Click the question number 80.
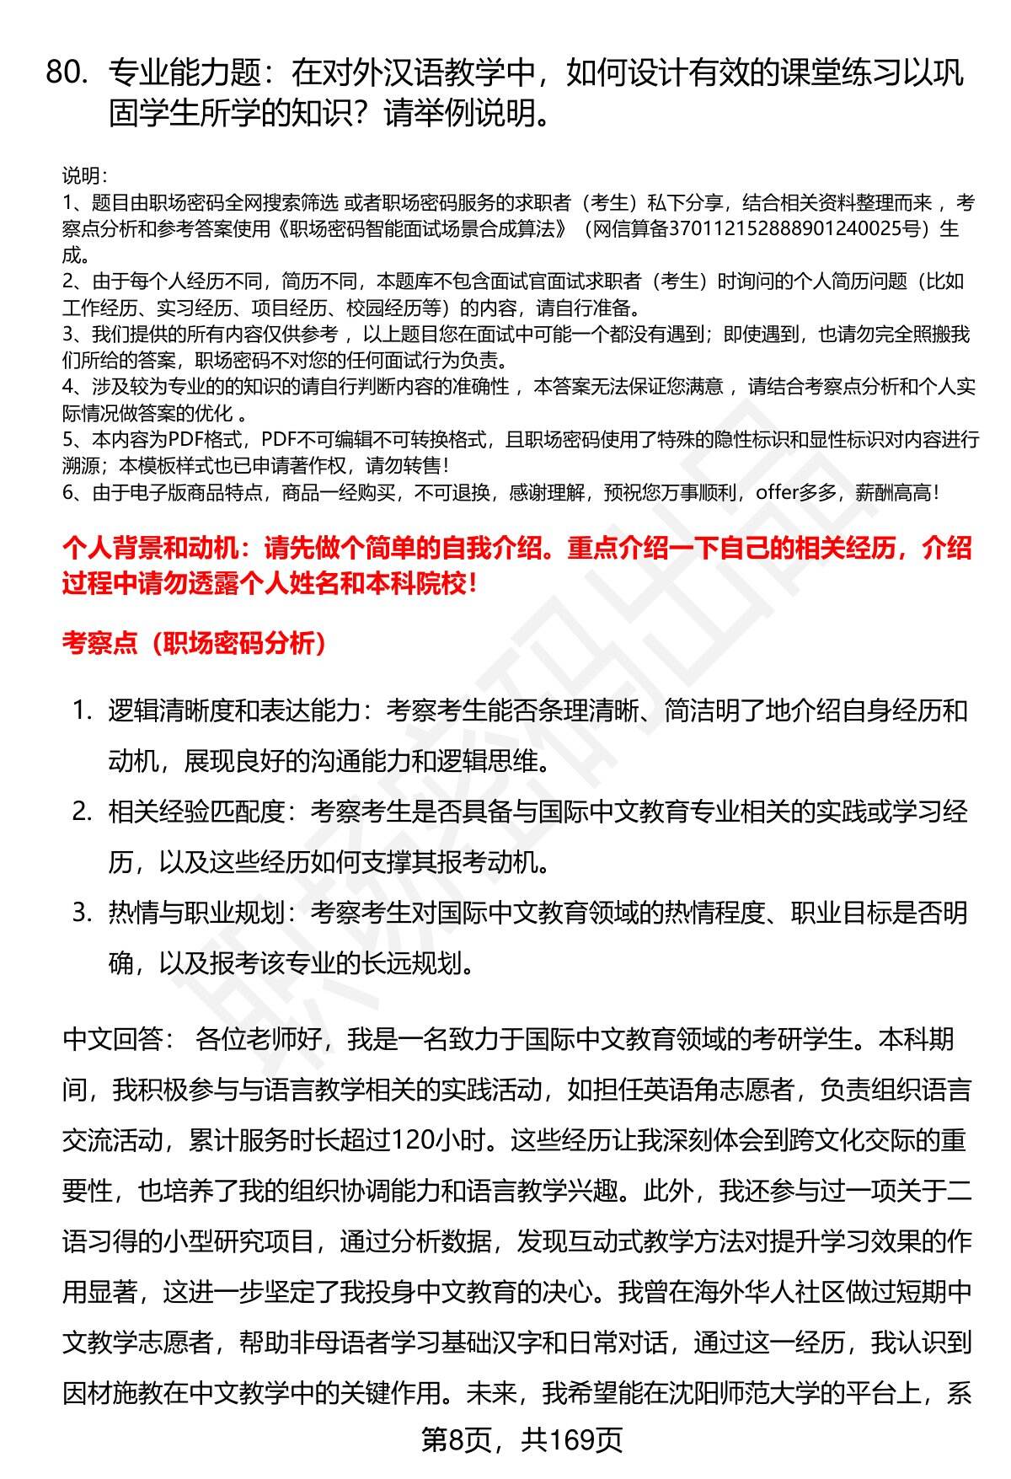point(67,74)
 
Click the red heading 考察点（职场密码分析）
point(195,644)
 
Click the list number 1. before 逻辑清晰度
point(82,710)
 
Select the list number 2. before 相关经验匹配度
point(82,812)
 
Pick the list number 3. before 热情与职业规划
point(82,913)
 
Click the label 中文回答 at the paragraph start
point(112,1039)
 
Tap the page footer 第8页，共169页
point(522,1440)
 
